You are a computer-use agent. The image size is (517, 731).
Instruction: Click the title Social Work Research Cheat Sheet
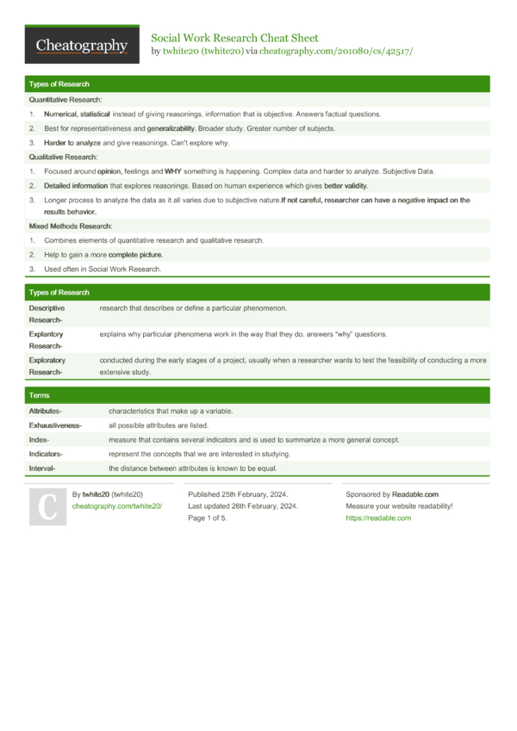point(234,38)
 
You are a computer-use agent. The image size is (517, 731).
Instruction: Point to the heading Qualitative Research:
point(63,157)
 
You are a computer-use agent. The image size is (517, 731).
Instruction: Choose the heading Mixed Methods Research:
point(69,226)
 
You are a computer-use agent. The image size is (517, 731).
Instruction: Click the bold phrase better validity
point(346,185)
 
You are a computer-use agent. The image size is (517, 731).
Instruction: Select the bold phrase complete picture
point(135,255)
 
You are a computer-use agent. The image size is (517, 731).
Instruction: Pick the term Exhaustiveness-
point(55,425)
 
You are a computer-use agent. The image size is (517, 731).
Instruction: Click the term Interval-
point(42,468)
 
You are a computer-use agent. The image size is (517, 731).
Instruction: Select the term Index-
point(39,439)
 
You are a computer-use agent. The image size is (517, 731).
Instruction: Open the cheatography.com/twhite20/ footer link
point(116,506)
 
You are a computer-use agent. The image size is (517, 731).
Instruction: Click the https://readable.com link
point(378,518)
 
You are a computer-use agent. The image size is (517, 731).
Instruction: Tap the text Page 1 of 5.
point(208,518)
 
